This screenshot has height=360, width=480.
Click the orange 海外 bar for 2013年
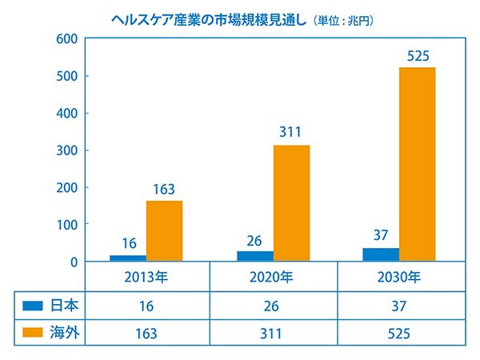(164, 230)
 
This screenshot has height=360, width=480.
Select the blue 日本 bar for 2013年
(128, 258)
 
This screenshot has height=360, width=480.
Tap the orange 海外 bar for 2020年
(291, 203)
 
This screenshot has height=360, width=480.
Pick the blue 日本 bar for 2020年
(255, 256)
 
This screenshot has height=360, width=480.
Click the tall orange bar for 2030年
(417, 164)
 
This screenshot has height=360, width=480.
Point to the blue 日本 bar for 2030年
(381, 254)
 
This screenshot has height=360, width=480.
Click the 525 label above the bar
(418, 57)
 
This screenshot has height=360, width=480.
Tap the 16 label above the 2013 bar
(128, 244)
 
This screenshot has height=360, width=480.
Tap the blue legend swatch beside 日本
(32, 305)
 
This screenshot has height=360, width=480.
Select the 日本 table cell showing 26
(274, 305)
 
